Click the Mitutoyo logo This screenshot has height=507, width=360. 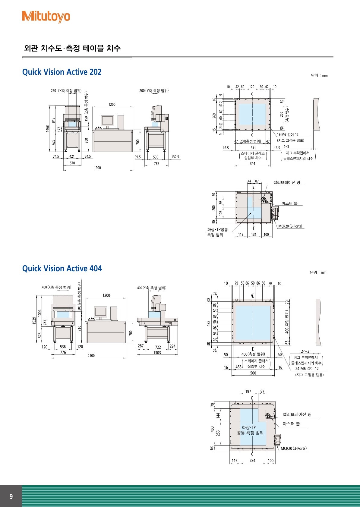click(x=46, y=17)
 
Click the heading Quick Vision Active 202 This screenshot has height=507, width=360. click(x=62, y=72)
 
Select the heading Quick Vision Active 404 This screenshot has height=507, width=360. click(x=62, y=269)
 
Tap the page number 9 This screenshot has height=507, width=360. click(x=11, y=496)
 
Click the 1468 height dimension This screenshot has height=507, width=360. click(x=47, y=128)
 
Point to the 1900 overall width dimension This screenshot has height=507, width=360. click(x=97, y=168)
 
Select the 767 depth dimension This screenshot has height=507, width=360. click(x=156, y=164)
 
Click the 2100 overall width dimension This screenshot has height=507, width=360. click(x=91, y=356)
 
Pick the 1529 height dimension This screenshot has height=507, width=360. click(x=34, y=320)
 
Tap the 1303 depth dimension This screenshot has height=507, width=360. click(x=157, y=353)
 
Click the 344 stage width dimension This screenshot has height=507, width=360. click(x=252, y=164)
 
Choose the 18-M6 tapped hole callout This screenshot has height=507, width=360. click(x=288, y=135)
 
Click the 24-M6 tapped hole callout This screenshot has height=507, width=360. click(x=307, y=369)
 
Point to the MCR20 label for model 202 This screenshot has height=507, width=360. click(x=290, y=226)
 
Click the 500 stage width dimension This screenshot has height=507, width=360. click(x=253, y=373)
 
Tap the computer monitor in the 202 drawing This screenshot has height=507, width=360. click(x=107, y=121)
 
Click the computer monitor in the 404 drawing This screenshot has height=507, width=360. click(x=100, y=312)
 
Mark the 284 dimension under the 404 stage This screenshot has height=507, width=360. click(x=252, y=461)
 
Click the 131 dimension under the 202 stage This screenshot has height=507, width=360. click(x=254, y=235)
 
